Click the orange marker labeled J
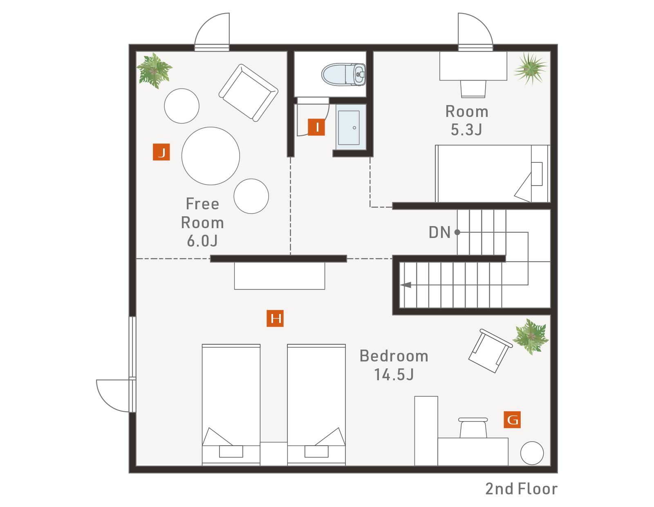point(161,152)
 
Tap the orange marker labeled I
point(316,127)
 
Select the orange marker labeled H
point(275,318)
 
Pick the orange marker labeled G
point(512,420)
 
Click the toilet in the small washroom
point(343,74)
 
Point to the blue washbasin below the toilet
point(351,127)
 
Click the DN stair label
point(439,232)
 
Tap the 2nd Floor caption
point(521,489)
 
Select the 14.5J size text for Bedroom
point(394,375)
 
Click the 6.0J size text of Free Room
point(202,241)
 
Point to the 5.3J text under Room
point(466,130)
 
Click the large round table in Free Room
point(211,156)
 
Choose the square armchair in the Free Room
point(248,93)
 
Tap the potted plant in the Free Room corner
point(155,71)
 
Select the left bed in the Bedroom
point(231,405)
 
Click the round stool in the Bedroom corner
point(532,453)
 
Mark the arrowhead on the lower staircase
point(406,285)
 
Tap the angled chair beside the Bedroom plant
point(490,351)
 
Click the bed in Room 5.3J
point(493,174)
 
